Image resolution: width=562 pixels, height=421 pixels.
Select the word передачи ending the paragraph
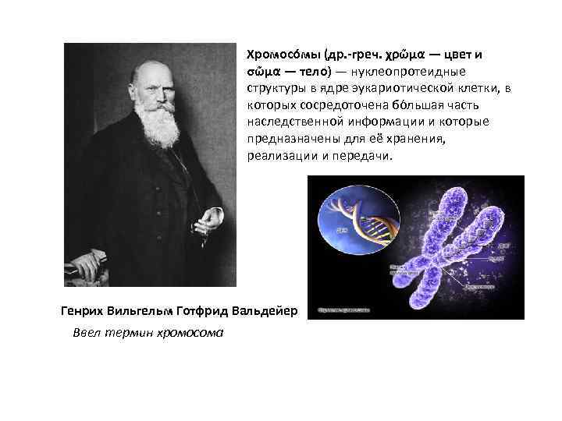364,156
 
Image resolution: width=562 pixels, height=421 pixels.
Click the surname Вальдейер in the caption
262,310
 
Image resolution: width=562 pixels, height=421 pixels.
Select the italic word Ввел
87,332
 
